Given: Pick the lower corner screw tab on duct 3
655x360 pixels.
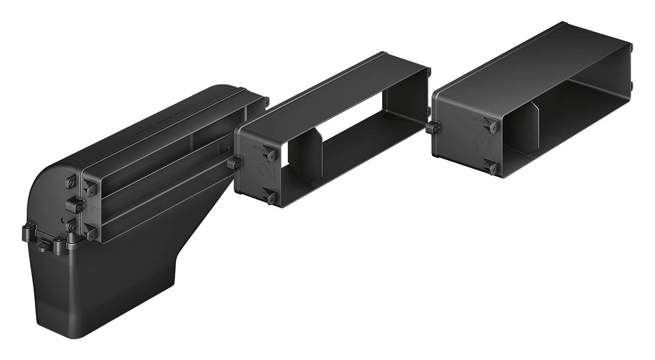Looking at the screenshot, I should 491,166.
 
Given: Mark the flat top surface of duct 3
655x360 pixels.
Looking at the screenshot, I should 524,60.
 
